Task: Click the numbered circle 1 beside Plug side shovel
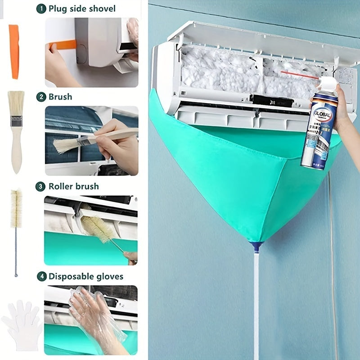pyautogui.click(x=41, y=9)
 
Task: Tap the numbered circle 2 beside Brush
pyautogui.click(x=41, y=97)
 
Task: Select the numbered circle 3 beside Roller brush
pyautogui.click(x=41, y=186)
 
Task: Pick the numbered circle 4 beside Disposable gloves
pyautogui.click(x=41, y=276)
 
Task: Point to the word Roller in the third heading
pyautogui.click(x=61, y=186)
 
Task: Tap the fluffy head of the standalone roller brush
pyautogui.click(x=16, y=207)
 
